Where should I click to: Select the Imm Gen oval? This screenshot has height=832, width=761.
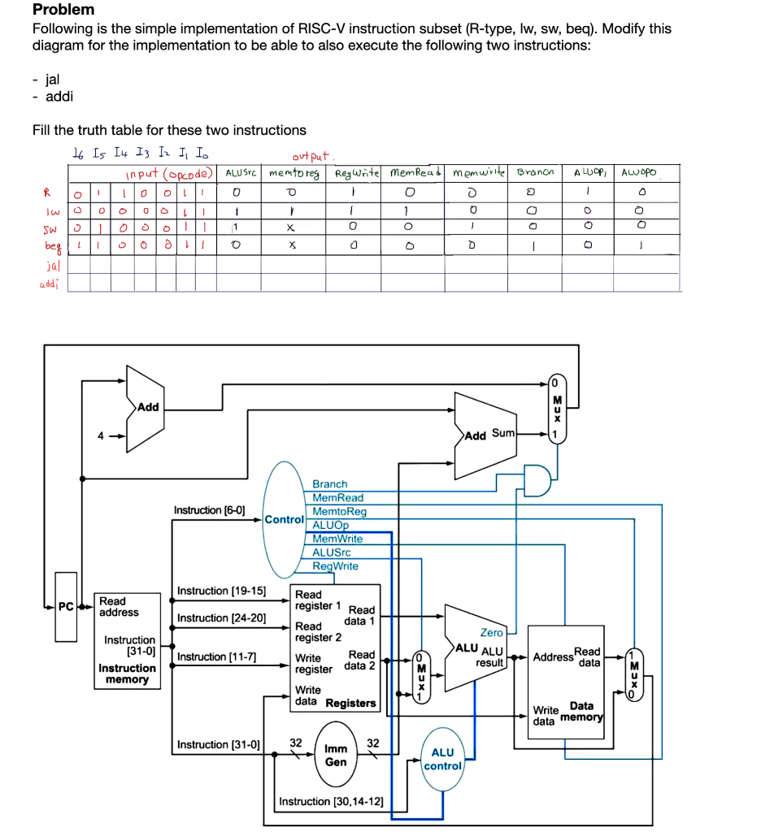(335, 755)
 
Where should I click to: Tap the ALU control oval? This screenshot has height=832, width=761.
(442, 760)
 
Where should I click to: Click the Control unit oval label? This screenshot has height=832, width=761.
(284, 518)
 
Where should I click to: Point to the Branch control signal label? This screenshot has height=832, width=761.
(329, 484)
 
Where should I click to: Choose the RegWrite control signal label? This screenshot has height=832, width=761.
(335, 566)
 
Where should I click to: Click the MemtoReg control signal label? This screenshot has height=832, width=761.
(339, 511)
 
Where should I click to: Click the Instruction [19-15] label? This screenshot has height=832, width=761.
(221, 591)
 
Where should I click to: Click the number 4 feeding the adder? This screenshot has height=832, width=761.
(101, 435)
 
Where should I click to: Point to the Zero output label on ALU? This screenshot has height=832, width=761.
(492, 632)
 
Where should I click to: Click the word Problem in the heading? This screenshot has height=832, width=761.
(63, 10)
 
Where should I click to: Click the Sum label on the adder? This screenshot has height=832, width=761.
(502, 433)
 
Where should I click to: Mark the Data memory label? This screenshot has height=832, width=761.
(581, 712)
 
